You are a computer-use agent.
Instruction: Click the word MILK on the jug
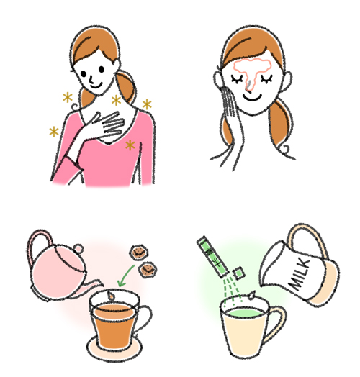click(x=300, y=273)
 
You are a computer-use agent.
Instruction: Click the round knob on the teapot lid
click(x=78, y=248)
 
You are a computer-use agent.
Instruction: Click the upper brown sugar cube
click(x=139, y=253)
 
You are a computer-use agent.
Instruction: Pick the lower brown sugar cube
click(x=148, y=269)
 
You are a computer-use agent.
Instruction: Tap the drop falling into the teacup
click(x=111, y=296)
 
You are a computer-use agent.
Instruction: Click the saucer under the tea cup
click(x=114, y=348)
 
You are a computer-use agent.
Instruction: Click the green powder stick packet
click(x=212, y=257)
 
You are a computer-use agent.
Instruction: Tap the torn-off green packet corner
click(x=239, y=273)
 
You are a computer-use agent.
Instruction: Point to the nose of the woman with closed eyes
click(x=249, y=86)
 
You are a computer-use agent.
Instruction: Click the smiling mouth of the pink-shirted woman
click(x=96, y=86)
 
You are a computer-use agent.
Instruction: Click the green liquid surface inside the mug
click(x=244, y=313)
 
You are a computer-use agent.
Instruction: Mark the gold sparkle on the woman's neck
click(x=116, y=101)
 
